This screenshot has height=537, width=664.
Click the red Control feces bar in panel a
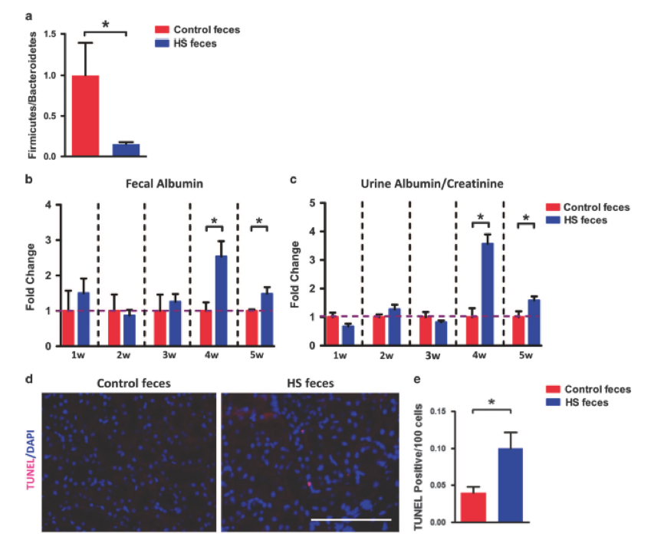click(x=84, y=115)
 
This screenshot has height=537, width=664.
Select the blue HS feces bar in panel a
click(x=126, y=150)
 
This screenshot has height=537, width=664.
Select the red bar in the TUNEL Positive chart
click(x=472, y=507)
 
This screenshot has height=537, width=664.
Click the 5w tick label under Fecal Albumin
click(x=258, y=357)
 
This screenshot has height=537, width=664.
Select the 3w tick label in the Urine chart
click(x=432, y=357)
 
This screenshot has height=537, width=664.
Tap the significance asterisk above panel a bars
click(x=105, y=25)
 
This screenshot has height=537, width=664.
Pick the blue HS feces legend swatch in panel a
click(x=163, y=44)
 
